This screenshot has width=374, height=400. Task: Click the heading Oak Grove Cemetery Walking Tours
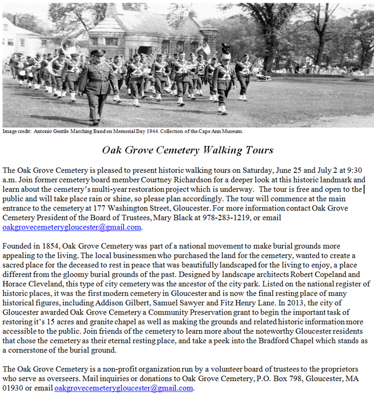(187, 151)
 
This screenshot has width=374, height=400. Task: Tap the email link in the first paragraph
(72, 227)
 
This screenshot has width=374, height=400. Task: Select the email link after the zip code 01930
(124, 388)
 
